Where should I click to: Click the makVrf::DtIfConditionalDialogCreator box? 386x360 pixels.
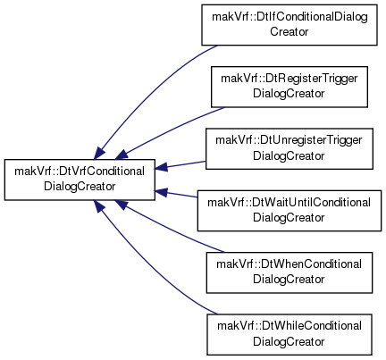[289, 25]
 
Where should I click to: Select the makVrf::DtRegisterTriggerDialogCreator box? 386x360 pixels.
[289, 87]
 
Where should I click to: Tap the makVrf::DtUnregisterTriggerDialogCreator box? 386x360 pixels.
[289, 149]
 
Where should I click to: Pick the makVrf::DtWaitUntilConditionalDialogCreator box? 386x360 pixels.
[289, 211]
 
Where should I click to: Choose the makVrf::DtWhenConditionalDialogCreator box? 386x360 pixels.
[289, 272]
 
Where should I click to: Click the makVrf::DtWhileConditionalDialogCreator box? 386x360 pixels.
[289, 334]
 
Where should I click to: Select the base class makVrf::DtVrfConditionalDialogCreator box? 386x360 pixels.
[80, 180]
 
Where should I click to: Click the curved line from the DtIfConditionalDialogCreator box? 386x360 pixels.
[149, 89]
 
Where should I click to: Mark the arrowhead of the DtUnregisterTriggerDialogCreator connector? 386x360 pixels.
[161, 167]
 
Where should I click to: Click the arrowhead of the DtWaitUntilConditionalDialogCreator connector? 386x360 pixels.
[161, 192]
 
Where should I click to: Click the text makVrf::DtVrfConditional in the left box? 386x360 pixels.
[80, 172]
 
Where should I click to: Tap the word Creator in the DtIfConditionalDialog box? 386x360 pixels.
[289, 31]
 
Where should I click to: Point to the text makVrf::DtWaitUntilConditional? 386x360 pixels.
[289, 203]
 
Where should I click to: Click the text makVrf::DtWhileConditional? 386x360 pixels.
[289, 326]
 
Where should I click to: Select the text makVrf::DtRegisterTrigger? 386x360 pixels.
[289, 79]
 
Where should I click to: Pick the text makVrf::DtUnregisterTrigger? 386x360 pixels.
[289, 140]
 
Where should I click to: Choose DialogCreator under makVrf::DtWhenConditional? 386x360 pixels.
[289, 280]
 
